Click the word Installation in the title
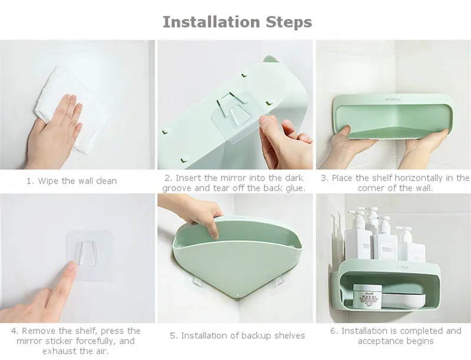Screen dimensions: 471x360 pyautogui.click(x=211, y=22)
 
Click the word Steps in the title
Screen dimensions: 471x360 pyautogui.click(x=289, y=22)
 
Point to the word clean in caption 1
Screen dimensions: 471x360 pyautogui.click(x=107, y=181)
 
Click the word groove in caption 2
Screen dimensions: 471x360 pyautogui.click(x=177, y=188)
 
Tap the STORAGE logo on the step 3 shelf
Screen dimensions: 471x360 pyautogui.click(x=393, y=99)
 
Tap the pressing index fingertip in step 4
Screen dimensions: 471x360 pyautogui.click(x=71, y=266)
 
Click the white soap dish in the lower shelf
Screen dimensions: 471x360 pyautogui.click(x=403, y=300)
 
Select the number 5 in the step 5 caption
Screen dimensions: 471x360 pyautogui.click(x=173, y=336)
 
